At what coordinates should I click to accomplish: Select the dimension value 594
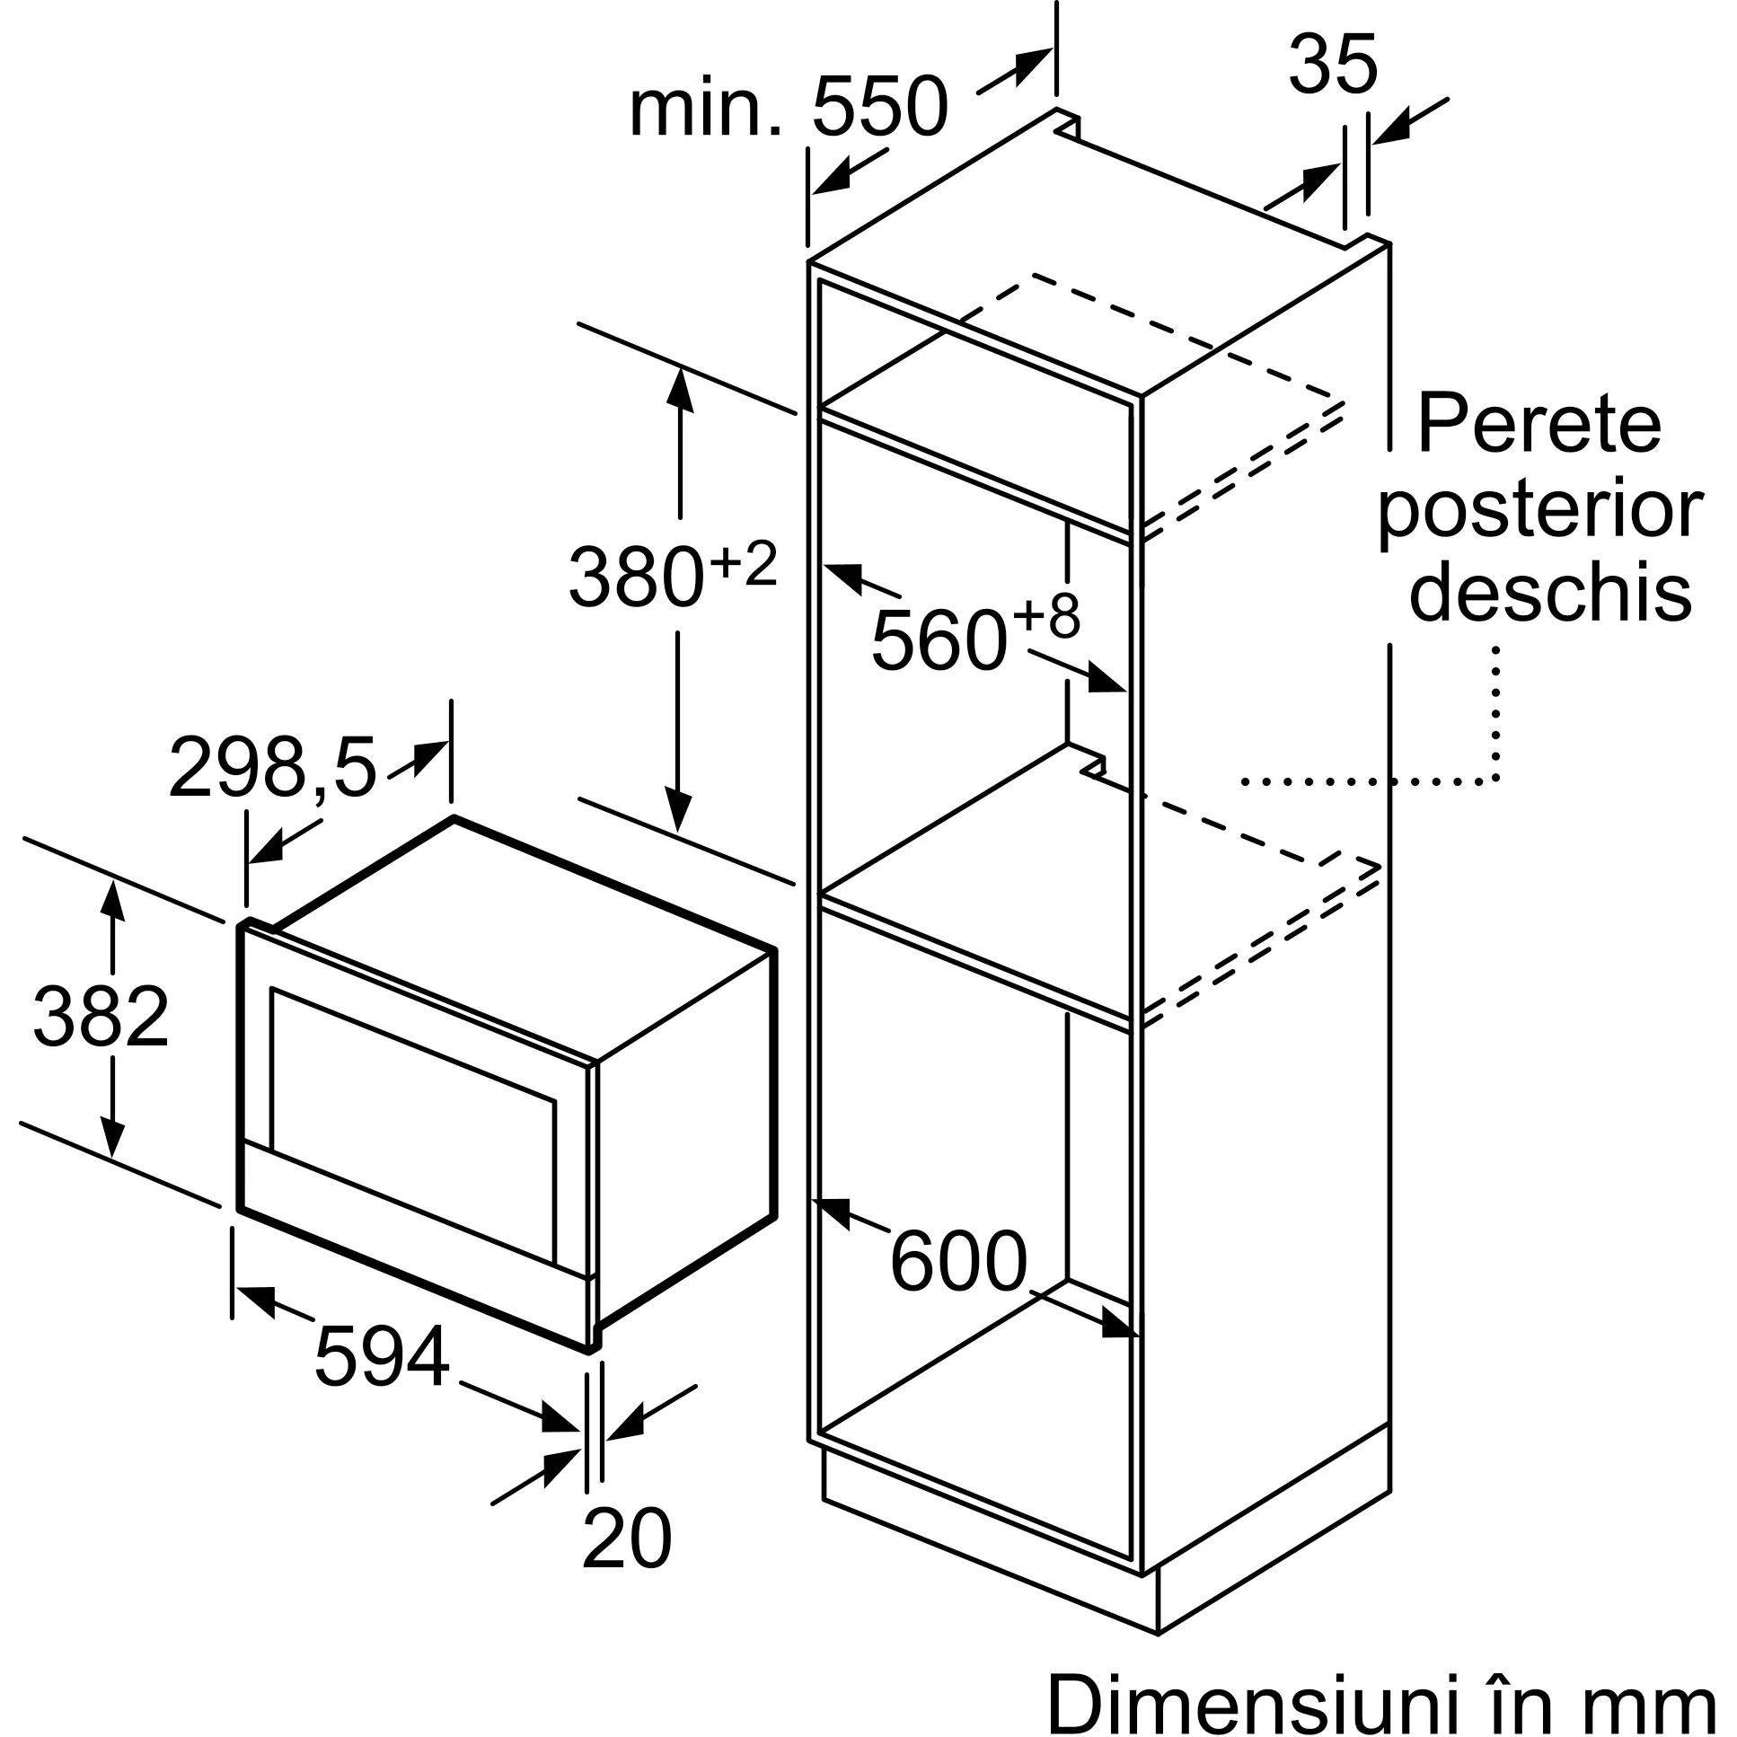[381, 1357]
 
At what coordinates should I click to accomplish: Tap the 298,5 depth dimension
[271, 767]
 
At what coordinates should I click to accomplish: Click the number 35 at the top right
[1333, 65]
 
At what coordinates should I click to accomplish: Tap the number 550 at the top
[879, 108]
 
